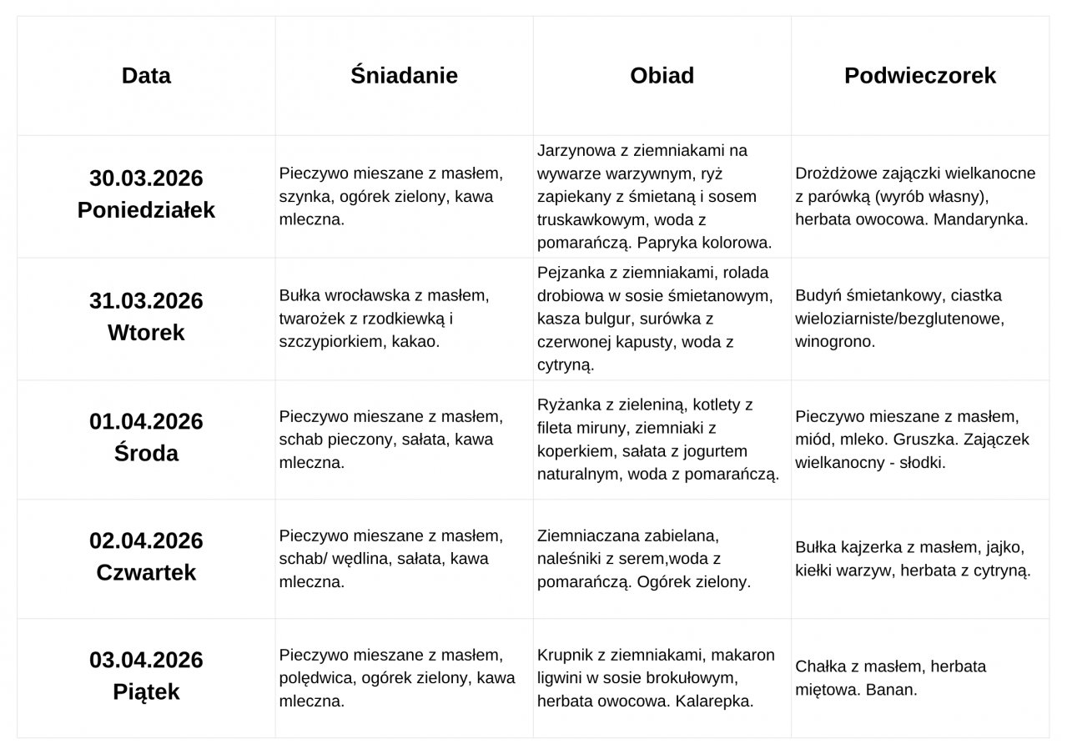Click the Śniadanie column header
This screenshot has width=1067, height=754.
[x=404, y=76]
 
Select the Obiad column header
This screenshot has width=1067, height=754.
[x=662, y=76]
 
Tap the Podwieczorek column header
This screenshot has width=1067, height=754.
[x=919, y=76]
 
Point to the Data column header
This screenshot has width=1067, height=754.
[x=146, y=76]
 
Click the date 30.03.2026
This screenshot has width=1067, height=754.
[x=146, y=178]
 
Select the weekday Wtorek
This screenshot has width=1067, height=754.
[x=146, y=333]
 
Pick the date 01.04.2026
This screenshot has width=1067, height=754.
[x=146, y=422]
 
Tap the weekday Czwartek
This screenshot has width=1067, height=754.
[x=146, y=573]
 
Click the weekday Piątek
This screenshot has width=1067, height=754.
[x=146, y=692]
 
